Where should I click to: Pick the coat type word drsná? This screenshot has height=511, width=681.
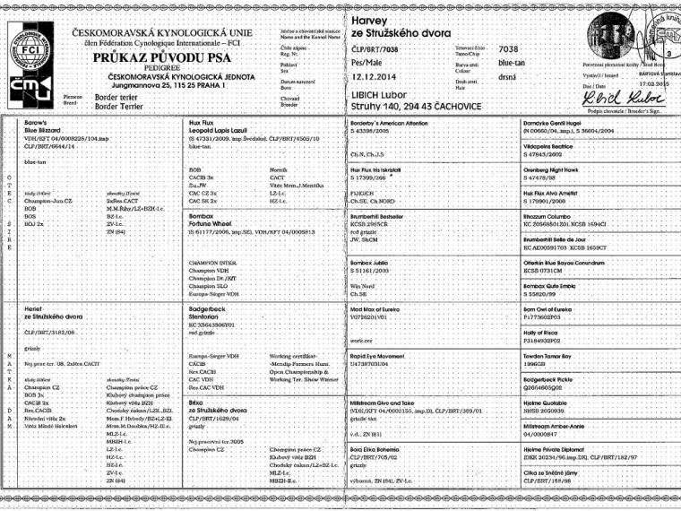click(508, 80)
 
